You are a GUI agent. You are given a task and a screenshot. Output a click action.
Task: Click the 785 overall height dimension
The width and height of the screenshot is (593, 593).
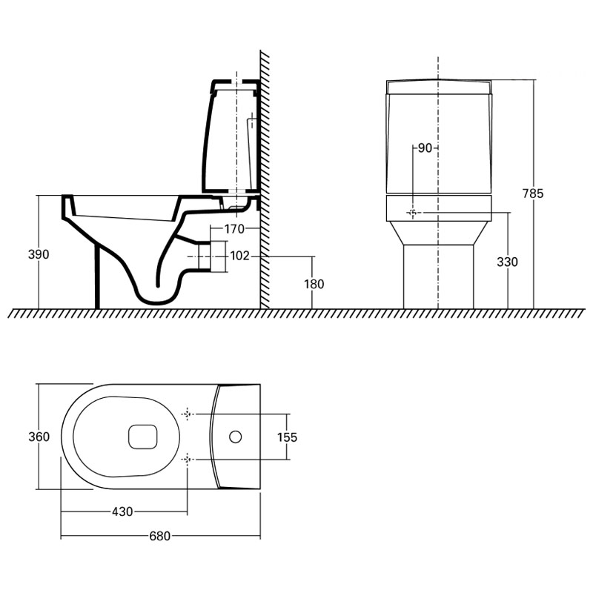click(x=533, y=193)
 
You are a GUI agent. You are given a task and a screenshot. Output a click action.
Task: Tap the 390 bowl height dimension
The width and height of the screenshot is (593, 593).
click(x=39, y=254)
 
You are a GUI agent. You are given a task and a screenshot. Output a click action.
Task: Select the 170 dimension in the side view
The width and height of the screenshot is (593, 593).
click(x=234, y=229)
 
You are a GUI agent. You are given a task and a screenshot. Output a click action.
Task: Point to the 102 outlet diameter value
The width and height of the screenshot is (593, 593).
click(x=240, y=256)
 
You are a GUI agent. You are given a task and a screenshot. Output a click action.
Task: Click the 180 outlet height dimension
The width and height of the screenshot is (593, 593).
click(x=314, y=284)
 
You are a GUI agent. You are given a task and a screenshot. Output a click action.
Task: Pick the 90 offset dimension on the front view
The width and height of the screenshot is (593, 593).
click(x=425, y=148)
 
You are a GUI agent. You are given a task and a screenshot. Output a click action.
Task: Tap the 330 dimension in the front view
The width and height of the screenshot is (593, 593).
click(x=508, y=262)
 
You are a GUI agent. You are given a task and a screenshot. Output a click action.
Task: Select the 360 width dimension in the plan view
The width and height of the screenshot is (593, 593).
click(x=39, y=437)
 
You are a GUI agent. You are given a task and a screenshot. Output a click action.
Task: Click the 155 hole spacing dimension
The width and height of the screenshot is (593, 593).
click(x=288, y=437)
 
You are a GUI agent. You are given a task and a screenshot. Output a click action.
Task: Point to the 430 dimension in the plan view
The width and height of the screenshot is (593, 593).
click(x=122, y=511)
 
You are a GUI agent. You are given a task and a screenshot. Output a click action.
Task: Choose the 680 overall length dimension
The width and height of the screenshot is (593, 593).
click(x=160, y=536)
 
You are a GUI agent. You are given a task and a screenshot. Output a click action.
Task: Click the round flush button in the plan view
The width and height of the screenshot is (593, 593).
click(x=236, y=437)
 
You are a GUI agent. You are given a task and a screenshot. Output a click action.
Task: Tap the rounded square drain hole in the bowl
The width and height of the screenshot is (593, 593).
click(x=142, y=437)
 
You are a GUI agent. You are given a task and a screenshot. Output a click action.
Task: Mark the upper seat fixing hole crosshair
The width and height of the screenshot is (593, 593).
click(x=188, y=414)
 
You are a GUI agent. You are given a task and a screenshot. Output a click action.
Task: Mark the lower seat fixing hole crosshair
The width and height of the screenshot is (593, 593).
click(x=188, y=459)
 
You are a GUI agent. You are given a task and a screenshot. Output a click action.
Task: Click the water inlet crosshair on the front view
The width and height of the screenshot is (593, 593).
click(x=413, y=213)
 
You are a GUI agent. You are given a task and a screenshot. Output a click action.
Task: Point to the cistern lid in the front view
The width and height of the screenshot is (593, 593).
click(x=439, y=86)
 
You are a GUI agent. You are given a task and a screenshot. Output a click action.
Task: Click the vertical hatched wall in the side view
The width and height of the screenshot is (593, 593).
click(x=265, y=179)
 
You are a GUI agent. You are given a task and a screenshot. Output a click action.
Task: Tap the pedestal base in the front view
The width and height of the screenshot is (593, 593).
click(x=439, y=276)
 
